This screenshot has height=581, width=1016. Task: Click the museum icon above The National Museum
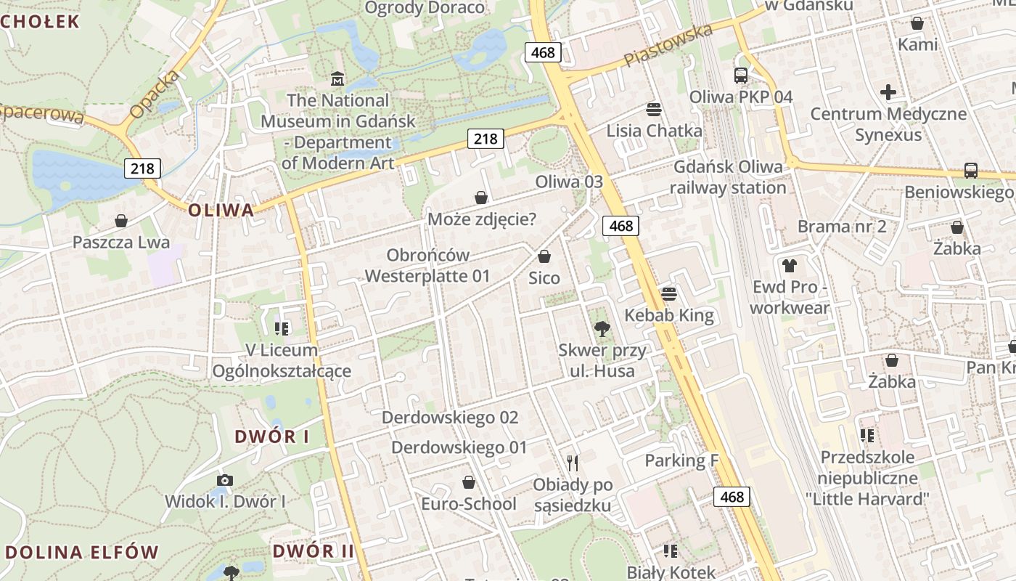tap(337, 78)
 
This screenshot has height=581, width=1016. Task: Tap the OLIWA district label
tap(221, 211)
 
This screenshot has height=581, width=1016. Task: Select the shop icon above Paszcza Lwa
tap(121, 220)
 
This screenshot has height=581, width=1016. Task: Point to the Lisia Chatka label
tap(654, 131)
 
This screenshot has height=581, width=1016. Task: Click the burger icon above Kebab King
tap(668, 293)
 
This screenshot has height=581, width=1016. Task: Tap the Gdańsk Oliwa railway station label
tap(728, 177)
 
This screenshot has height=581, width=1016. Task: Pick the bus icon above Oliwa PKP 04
tap(741, 75)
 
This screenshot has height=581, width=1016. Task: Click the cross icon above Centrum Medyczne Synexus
tap(888, 92)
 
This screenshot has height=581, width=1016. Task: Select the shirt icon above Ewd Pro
tap(789, 266)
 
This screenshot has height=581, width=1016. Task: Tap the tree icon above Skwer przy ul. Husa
tap(602, 329)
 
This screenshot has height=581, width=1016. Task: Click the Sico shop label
tap(544, 278)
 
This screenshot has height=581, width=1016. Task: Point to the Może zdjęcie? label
tap(482, 219)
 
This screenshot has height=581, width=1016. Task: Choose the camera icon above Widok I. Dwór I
tap(225, 480)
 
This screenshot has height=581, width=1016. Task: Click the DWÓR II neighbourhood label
tap(314, 550)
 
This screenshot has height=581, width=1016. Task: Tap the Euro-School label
tap(469, 504)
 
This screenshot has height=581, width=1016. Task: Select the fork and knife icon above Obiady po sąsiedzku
tap(573, 463)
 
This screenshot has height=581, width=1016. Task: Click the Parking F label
tap(681, 460)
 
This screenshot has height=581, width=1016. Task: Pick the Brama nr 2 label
tap(842, 227)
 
